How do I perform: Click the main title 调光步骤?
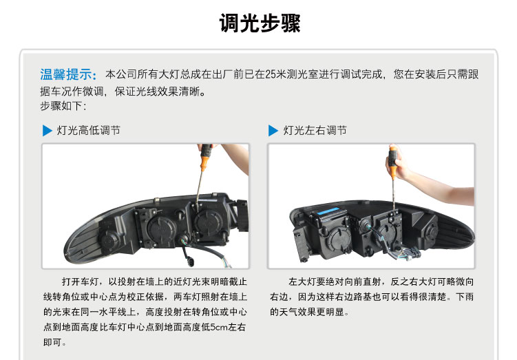tap(260, 23)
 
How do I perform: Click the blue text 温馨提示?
tap(65, 74)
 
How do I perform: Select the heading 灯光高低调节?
tap(88, 131)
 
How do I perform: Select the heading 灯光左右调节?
tap(315, 131)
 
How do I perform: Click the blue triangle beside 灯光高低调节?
tap(47, 131)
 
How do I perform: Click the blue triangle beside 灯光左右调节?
tap(273, 131)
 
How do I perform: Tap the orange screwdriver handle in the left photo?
tap(205, 158)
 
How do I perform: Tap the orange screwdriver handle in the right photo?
tap(393, 162)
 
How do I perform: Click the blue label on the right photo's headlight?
tap(328, 211)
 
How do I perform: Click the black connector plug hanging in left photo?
tap(191, 260)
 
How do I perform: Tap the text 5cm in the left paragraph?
tap(218, 327)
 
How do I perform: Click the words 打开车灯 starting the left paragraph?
tap(80, 282)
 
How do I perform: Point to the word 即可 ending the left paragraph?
tap(52, 343)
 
